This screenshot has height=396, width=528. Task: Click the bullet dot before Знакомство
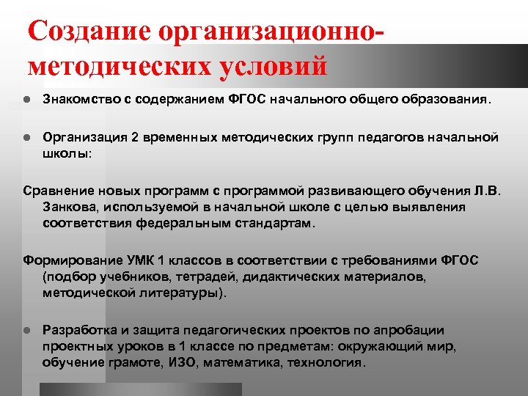tap(26, 99)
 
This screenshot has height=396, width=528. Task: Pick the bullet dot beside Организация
tap(26, 137)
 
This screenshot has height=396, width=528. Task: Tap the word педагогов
tap(384, 137)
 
